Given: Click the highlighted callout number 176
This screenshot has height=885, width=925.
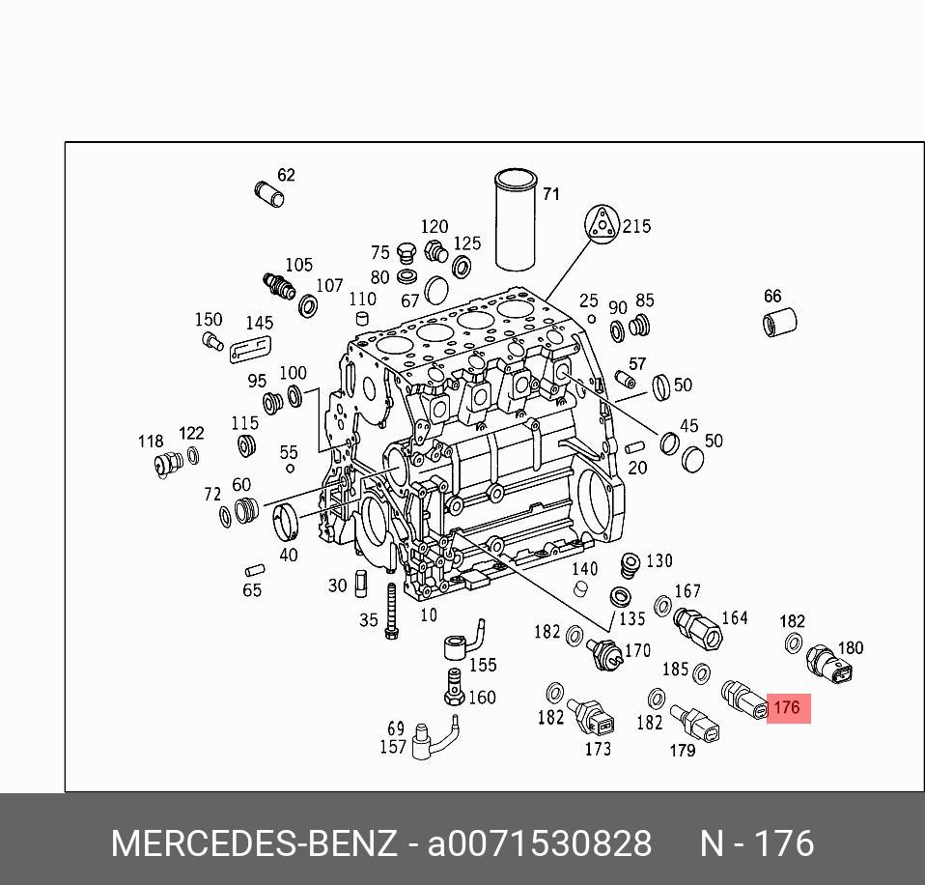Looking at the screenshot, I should coord(788,708).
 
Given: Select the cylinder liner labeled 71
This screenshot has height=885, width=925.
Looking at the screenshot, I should coord(515,220).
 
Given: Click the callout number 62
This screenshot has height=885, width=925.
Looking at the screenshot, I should coord(286,175).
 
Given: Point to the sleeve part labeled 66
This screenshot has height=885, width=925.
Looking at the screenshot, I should coord(779,321).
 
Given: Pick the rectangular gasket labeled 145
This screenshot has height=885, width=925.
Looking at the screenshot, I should coord(251,347).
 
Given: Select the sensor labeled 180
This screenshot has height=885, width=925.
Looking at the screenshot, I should coord(829,664).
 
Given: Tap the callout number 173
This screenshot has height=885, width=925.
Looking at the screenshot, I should coord(598,748).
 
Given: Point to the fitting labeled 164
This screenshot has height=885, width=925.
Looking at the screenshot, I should coord(698,627).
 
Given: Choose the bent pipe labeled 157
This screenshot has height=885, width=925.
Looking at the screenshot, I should coord(433,736).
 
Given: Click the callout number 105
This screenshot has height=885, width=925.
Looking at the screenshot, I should coord(298,265).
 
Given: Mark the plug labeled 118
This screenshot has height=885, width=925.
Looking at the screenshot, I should coord(167,465).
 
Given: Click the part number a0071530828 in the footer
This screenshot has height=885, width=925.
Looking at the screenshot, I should coord(540,843).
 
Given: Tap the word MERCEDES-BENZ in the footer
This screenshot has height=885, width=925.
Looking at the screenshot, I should coord(253,843).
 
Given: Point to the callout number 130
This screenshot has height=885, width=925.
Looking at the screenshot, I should coord(659,560).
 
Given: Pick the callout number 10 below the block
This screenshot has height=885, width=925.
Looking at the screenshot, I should coord(428,614).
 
